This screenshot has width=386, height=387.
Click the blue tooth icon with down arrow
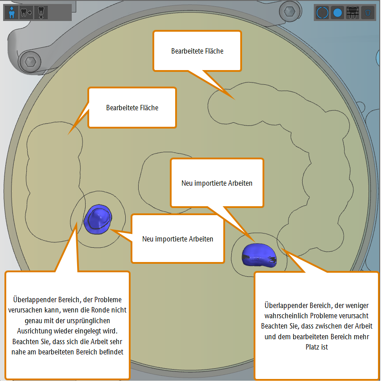click(x=11, y=12)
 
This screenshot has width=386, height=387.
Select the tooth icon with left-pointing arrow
click(x=26, y=12)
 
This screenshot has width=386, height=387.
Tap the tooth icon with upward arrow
click(x=41, y=12)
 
